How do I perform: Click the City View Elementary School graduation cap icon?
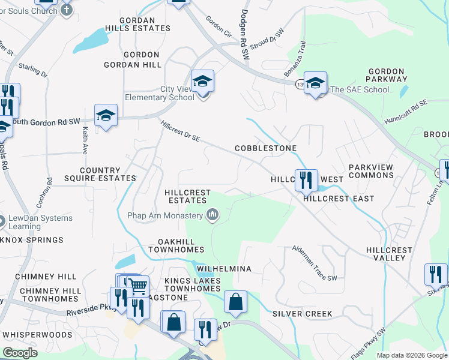click(203, 81)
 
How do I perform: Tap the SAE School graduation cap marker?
click(315, 83)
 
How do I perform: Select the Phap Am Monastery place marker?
click(212, 215)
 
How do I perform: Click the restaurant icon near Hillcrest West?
click(306, 179)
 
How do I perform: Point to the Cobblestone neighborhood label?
click(266, 148)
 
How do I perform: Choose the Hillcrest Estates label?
click(188, 197)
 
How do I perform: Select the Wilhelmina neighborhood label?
click(223, 269)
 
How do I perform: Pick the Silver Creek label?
click(303, 314)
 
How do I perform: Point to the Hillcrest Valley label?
click(390, 254)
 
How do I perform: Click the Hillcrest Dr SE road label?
click(180, 132)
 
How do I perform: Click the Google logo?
click(20, 353)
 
